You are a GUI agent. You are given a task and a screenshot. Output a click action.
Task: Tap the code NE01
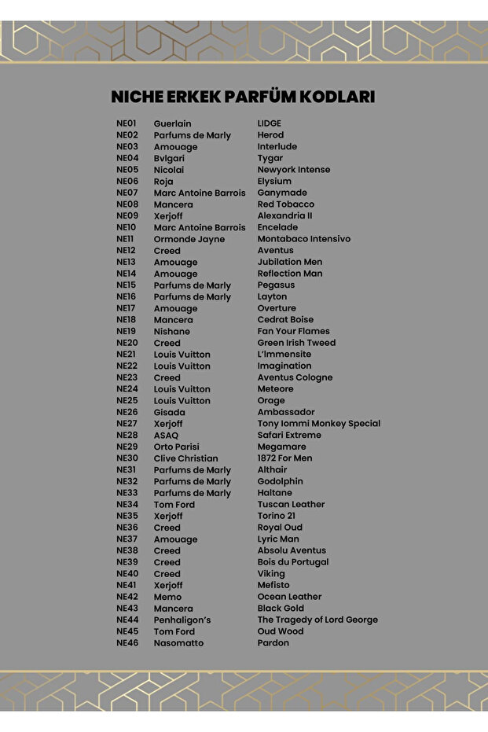click(x=127, y=123)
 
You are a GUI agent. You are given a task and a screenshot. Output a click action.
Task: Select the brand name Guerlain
click(x=172, y=123)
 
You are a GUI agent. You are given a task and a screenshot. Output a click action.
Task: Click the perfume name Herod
click(x=270, y=135)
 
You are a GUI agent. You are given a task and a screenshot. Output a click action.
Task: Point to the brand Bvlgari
click(x=169, y=158)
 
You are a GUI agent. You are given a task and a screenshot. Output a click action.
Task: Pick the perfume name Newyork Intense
click(x=293, y=170)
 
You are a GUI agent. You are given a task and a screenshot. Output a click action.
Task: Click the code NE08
click(x=127, y=204)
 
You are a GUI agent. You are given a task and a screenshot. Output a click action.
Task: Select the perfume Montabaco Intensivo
click(x=303, y=239)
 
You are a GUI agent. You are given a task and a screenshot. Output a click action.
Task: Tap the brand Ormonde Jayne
click(x=189, y=239)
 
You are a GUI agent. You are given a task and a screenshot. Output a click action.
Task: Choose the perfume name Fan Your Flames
click(x=293, y=331)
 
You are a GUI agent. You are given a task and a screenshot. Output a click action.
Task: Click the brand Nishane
click(x=171, y=331)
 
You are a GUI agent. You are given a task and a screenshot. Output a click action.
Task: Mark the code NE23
click(x=127, y=377)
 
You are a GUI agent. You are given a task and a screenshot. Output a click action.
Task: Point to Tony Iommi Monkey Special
click(x=318, y=424)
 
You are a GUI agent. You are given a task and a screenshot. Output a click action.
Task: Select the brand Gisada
click(x=169, y=412)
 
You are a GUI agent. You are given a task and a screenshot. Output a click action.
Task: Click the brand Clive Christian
click(x=185, y=458)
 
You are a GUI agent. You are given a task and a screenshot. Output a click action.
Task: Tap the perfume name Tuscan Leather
click(x=291, y=505)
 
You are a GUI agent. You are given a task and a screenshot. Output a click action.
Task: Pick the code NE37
click(x=127, y=539)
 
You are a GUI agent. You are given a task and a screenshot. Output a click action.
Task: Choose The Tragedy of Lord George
click(x=317, y=620)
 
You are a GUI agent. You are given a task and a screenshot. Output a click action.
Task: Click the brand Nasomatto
click(x=178, y=643)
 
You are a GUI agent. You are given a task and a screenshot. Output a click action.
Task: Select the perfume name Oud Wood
click(x=280, y=631)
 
